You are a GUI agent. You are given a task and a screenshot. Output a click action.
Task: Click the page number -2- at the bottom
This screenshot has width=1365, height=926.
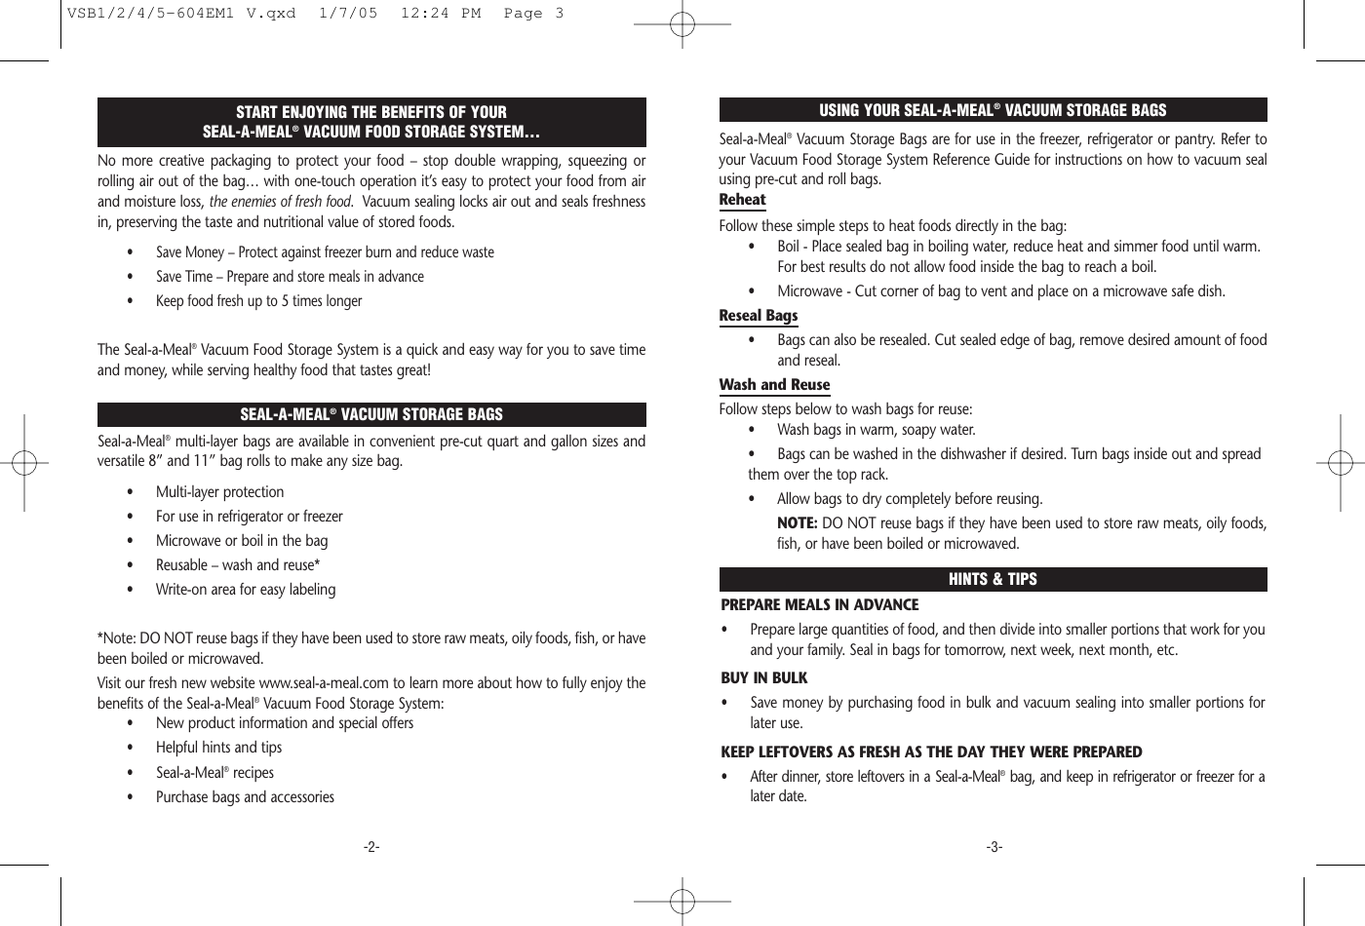point(371,847)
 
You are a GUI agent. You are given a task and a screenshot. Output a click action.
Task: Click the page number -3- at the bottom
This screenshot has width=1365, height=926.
point(994,847)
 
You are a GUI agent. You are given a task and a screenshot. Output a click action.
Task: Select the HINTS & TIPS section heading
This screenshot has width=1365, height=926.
point(993,579)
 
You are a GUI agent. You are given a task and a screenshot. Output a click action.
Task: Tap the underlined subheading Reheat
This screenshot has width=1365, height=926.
point(742,200)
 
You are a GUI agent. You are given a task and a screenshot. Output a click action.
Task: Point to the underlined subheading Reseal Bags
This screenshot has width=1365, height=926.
point(758,316)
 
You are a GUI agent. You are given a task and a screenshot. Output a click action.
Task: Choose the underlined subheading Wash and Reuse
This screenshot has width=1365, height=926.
point(774,385)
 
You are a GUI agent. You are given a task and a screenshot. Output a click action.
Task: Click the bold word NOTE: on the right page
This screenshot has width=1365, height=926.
point(797,523)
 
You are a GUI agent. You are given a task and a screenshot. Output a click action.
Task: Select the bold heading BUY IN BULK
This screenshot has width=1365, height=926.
point(763,678)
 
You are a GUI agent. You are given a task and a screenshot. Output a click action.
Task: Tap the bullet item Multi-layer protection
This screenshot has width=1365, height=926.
point(219,492)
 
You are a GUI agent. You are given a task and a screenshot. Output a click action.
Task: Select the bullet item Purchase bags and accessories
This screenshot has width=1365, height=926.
point(245,797)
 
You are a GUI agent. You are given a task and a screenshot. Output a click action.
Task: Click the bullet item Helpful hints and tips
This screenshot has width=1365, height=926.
point(218,748)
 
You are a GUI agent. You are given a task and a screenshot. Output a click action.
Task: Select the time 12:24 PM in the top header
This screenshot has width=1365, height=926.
point(441,14)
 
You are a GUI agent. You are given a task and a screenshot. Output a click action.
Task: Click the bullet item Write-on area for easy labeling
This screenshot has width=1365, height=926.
point(245,590)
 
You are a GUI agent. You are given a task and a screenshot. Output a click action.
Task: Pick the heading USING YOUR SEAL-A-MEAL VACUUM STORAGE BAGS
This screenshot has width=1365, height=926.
point(993,110)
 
